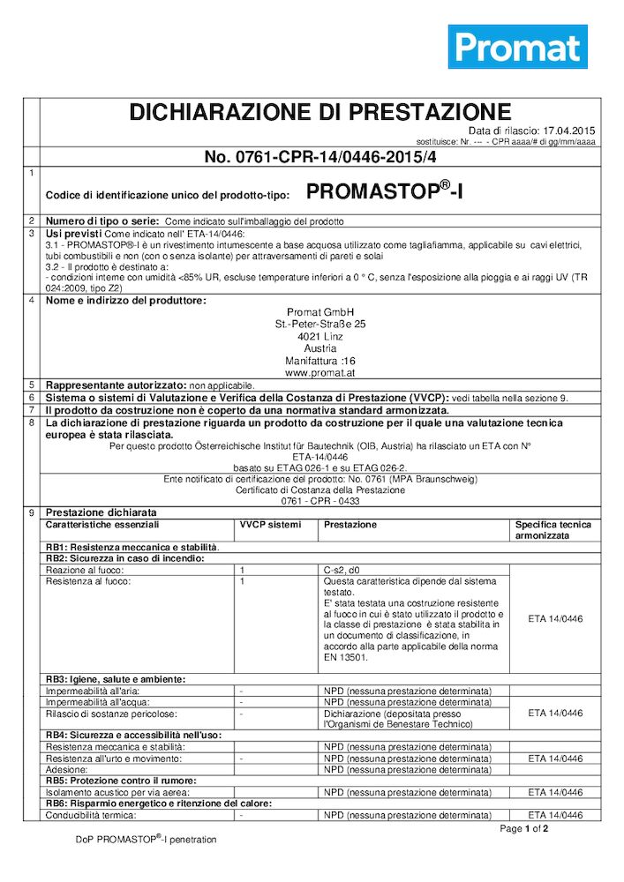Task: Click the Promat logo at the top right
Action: [517, 47]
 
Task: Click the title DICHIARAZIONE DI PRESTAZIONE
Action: [320, 112]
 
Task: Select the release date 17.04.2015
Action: [570, 131]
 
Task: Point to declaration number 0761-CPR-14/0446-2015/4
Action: [320, 157]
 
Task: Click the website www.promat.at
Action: [320, 373]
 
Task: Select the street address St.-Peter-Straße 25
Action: [320, 324]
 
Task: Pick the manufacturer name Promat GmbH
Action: [320, 311]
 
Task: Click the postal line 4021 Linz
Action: [320, 336]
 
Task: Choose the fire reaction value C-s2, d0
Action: [345, 571]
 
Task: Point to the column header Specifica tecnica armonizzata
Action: [553, 530]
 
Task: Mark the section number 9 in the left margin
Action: [32, 512]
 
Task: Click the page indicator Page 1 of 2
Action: [524, 829]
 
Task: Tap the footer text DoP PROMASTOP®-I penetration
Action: [146, 840]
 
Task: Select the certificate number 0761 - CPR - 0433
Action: [320, 501]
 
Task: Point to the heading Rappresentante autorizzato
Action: [115, 385]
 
